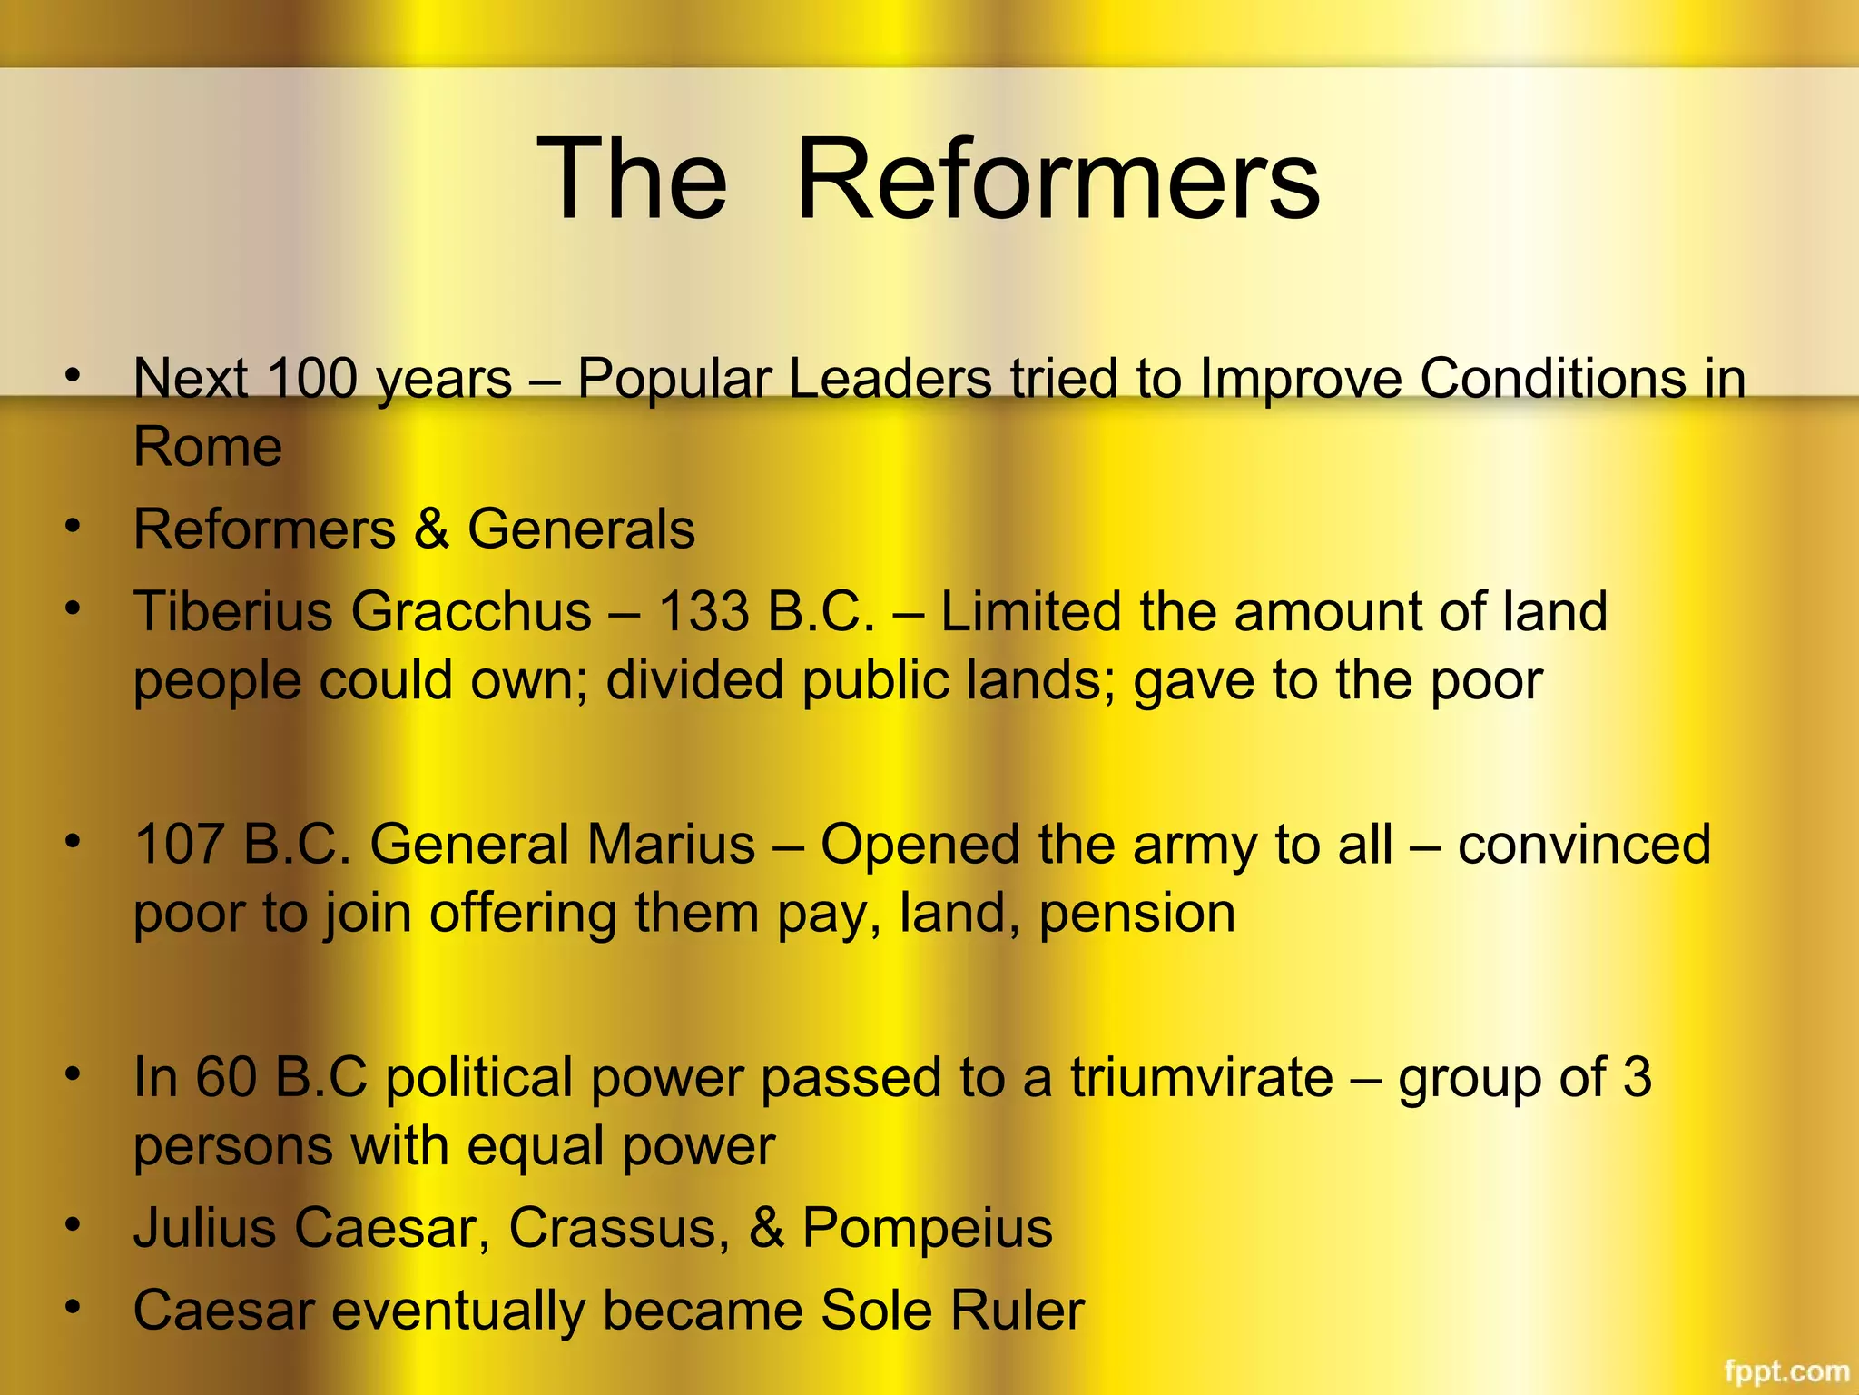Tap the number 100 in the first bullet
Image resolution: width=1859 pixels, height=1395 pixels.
pos(312,378)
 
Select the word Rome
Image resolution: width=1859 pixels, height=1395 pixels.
pos(208,447)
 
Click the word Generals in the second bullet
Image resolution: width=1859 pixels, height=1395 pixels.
pos(581,529)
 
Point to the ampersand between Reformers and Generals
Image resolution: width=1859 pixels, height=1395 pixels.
pos(432,529)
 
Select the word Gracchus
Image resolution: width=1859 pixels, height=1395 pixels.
pos(472,611)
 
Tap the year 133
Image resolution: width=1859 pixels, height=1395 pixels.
pos(703,611)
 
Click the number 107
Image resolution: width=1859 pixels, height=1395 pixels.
pos(179,844)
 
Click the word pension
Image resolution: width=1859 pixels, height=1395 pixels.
pos(1136,914)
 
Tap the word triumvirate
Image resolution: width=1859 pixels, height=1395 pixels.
pos(1201,1077)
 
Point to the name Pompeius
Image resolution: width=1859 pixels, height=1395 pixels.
pos(927,1228)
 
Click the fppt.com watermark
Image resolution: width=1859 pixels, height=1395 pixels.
pos(1786,1370)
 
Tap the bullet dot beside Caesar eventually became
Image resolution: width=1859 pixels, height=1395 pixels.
pos(74,1307)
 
